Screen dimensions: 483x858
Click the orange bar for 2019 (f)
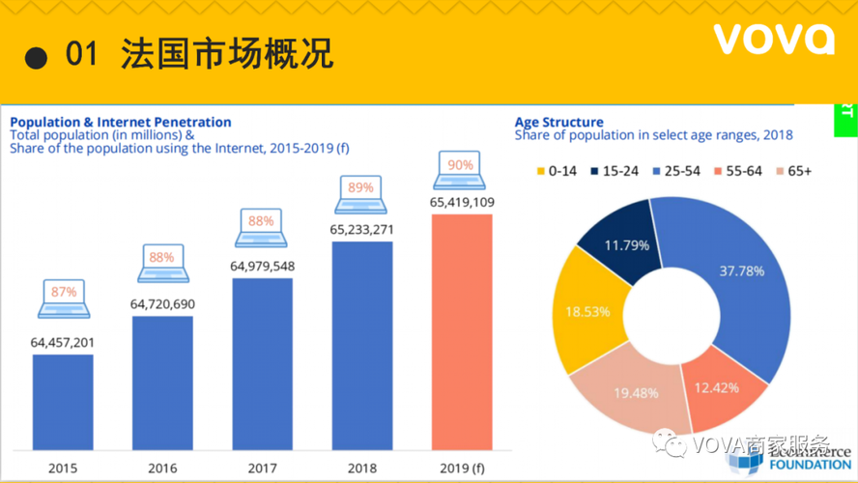click(x=462, y=331)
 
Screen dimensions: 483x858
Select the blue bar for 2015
click(x=63, y=402)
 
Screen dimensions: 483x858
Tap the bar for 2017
click(x=262, y=363)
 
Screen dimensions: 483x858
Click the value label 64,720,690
click(x=162, y=304)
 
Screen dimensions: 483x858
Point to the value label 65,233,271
click(x=362, y=230)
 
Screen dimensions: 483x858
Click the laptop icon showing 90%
click(x=461, y=170)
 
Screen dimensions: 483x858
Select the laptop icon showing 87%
click(x=63, y=298)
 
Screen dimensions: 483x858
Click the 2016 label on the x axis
click(x=162, y=469)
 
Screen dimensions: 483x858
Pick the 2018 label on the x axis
click(x=362, y=469)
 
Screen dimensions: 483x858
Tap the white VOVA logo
click(x=774, y=40)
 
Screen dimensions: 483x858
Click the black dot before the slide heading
click(x=36, y=57)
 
